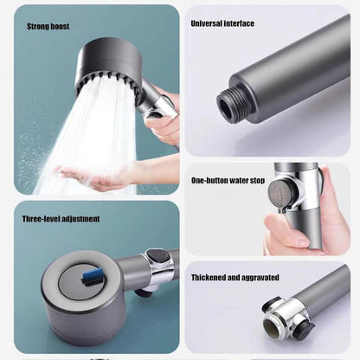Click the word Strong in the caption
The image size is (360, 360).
(38, 27)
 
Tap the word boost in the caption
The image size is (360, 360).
(60, 27)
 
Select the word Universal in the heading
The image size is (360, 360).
(206, 23)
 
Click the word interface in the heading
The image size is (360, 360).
(239, 23)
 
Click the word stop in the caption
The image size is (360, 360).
(258, 181)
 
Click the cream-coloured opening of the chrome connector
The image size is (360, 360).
(271, 330)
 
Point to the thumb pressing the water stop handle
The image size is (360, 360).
(284, 231)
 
